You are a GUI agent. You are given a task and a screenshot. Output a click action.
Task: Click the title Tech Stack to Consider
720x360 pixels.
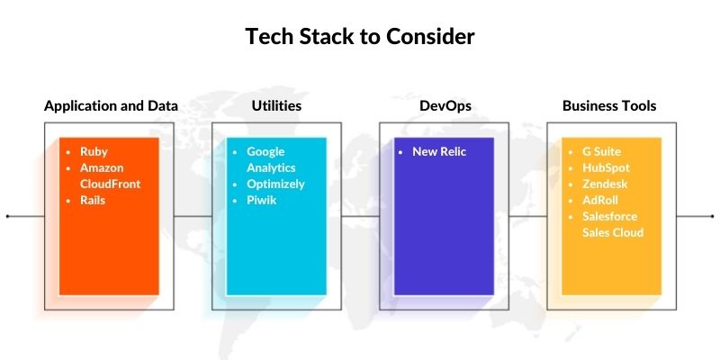[360, 37]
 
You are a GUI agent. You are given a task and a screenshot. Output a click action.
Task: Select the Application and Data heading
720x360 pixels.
[111, 106]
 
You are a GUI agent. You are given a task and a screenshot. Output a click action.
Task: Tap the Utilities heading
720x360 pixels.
[276, 106]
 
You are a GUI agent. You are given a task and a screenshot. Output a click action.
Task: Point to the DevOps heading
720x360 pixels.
[445, 106]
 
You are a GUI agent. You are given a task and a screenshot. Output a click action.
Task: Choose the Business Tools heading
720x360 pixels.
[609, 106]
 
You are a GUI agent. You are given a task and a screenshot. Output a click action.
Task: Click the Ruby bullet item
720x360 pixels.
[94, 152]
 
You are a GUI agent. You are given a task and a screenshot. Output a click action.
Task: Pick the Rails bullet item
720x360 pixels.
[93, 201]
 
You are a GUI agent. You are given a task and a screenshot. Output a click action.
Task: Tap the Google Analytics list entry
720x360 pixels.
[271, 160]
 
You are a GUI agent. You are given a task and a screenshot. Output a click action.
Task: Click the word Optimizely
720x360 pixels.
[275, 184]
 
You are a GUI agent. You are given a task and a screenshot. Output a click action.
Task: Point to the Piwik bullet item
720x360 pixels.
[261, 201]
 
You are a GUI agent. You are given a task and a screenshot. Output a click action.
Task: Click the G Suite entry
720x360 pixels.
[601, 152]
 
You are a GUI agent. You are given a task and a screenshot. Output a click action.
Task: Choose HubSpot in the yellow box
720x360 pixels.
[605, 168]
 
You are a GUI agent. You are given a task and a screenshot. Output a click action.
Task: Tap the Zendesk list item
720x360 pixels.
[604, 184]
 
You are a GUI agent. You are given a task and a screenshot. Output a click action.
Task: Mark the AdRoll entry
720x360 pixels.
[599, 201]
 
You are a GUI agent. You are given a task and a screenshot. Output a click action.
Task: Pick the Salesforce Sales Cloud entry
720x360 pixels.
[613, 225]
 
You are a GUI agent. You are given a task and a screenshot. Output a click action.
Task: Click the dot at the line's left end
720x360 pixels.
[8, 217]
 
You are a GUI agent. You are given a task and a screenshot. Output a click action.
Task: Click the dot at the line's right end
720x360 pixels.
[713, 217]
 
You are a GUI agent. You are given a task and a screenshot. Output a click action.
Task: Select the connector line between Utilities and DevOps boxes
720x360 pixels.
[361, 217]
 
